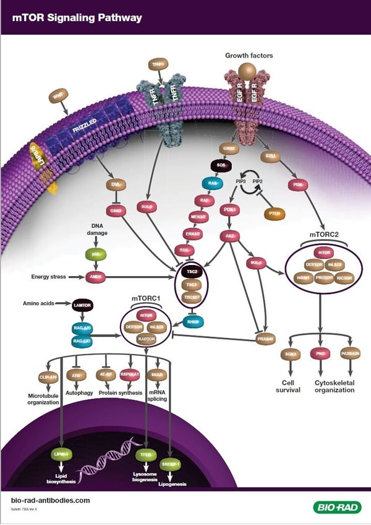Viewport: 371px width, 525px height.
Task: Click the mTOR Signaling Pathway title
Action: tap(77, 18)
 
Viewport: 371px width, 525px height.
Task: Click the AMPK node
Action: tap(95, 277)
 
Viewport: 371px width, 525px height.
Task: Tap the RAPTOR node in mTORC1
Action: tap(145, 339)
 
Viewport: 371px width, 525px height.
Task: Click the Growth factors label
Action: tap(249, 56)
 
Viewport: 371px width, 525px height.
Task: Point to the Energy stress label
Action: tap(49, 277)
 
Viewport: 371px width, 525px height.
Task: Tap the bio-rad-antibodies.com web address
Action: tap(51, 500)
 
